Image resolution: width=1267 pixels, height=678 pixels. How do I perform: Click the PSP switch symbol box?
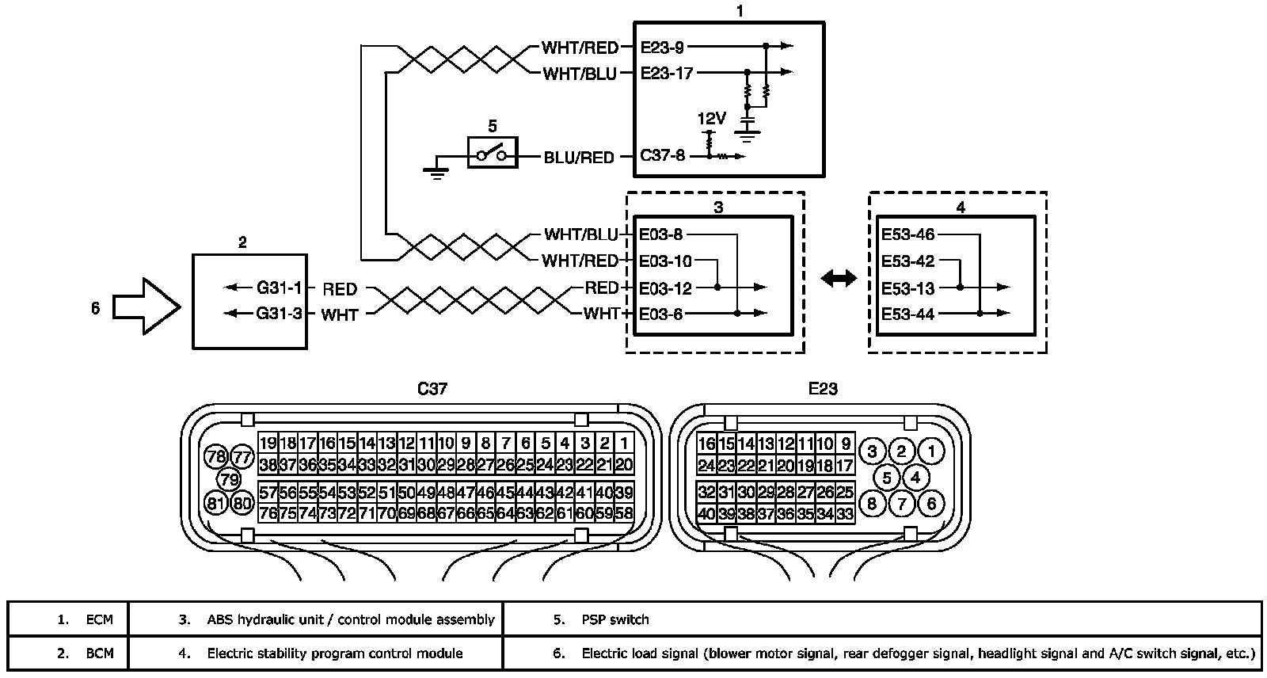click(x=492, y=152)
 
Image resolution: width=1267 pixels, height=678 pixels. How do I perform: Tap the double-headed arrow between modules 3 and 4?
click(x=839, y=278)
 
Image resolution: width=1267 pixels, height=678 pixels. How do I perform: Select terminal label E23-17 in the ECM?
click(x=667, y=74)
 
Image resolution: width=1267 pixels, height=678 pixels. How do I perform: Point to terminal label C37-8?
click(x=663, y=157)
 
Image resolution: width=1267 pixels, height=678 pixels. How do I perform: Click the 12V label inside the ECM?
click(x=711, y=119)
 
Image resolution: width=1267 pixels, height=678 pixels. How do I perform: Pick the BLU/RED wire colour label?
click(x=579, y=158)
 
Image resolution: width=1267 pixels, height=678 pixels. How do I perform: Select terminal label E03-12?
click(x=666, y=288)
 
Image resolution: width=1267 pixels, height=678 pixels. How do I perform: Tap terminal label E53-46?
click(x=907, y=234)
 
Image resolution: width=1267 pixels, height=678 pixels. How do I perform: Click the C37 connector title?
click(x=433, y=389)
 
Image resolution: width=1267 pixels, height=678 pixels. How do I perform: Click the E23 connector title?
click(x=823, y=389)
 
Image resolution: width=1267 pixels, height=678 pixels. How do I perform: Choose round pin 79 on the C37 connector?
click(x=229, y=479)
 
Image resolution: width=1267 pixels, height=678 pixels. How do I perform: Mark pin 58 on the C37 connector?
click(x=624, y=513)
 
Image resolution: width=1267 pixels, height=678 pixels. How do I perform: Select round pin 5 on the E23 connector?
click(x=887, y=478)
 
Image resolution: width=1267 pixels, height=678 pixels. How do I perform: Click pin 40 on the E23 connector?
click(x=706, y=514)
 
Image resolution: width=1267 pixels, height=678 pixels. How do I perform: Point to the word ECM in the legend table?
click(x=100, y=619)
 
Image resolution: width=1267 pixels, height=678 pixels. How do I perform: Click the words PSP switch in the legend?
click(x=615, y=619)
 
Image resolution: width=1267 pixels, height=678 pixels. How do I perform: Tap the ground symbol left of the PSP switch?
click(x=435, y=171)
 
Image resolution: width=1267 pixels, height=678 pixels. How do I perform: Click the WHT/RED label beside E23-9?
click(x=580, y=48)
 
